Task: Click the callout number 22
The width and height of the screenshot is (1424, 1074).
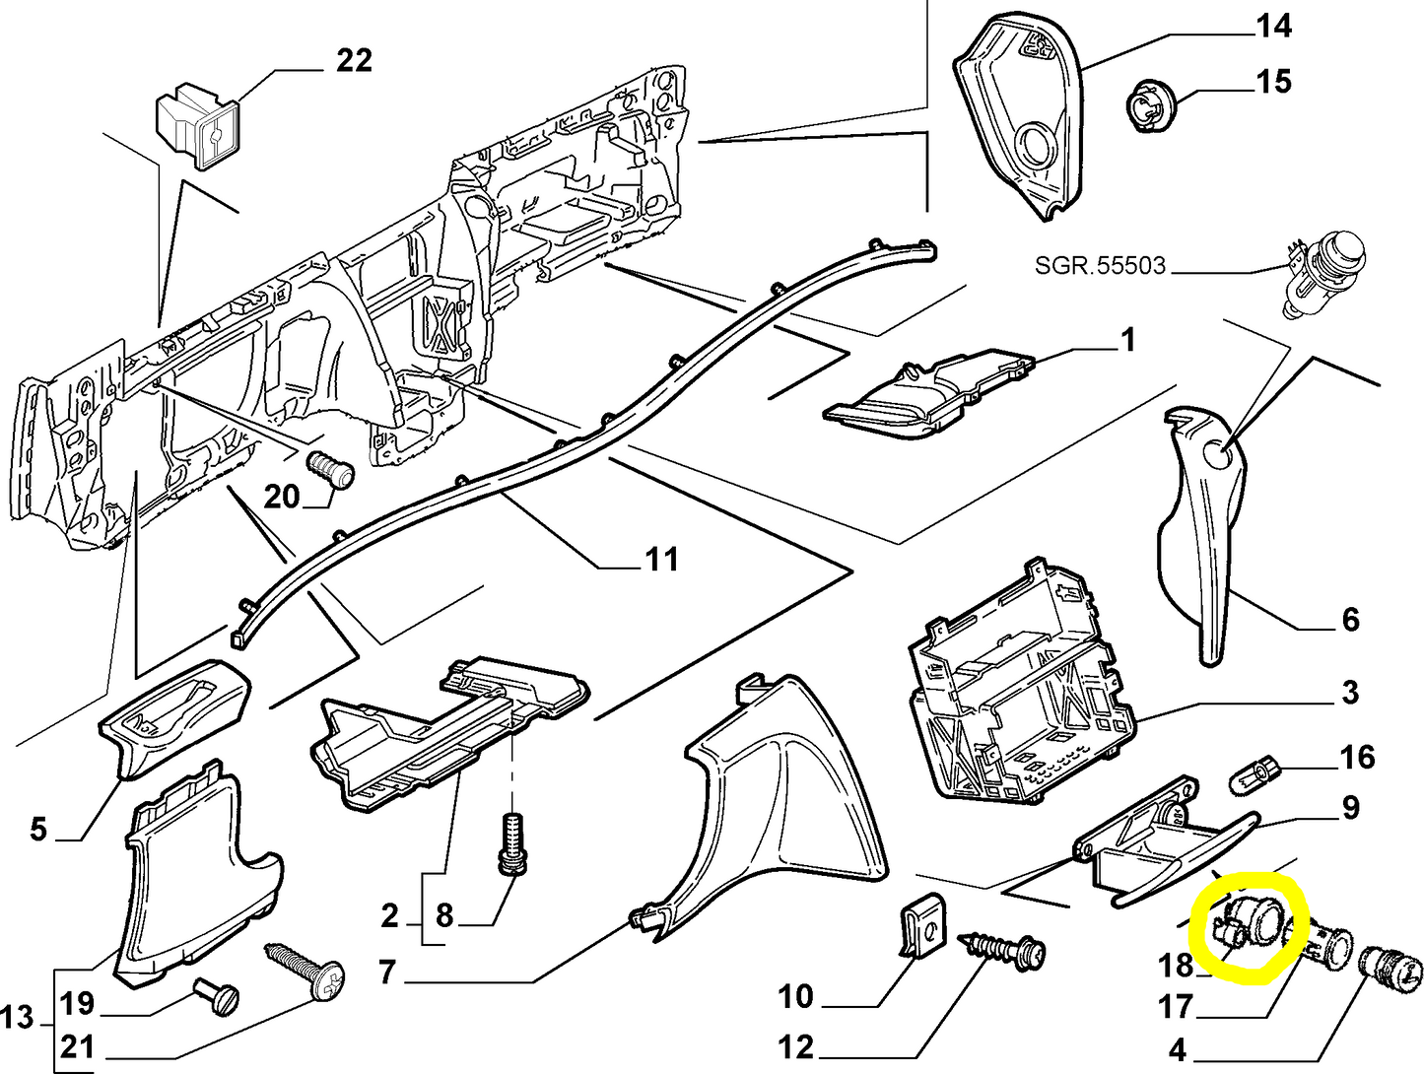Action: coord(354,61)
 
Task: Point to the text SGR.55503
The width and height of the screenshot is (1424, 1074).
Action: coord(1100,265)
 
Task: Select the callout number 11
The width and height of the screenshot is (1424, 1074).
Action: coord(661,560)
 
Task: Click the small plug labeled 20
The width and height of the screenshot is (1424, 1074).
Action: coord(332,466)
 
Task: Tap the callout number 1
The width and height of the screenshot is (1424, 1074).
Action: coord(1127,341)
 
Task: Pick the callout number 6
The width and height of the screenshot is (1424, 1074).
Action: coord(1350,620)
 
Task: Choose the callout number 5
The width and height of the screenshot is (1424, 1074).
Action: coord(38,829)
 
